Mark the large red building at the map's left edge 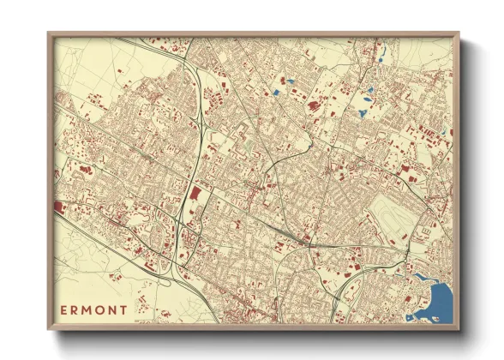pos(58,207)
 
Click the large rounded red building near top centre pos(313,106)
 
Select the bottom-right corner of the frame pos(458,328)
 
